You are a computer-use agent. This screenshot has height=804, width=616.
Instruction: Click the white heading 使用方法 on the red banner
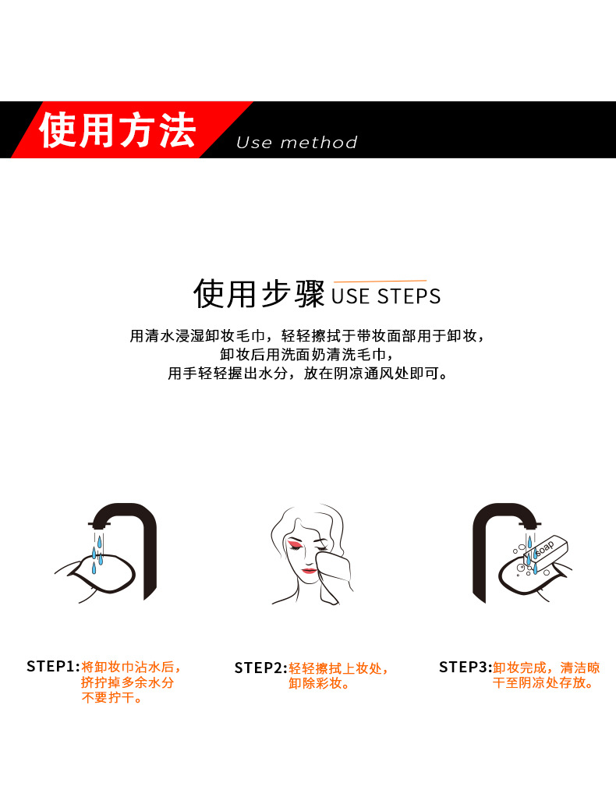click(117, 129)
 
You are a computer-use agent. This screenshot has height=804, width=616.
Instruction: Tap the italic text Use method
click(296, 143)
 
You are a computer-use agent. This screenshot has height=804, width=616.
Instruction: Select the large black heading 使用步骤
click(259, 294)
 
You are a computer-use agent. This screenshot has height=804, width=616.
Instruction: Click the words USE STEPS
click(386, 296)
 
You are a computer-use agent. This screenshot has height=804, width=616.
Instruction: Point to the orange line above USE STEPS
click(380, 281)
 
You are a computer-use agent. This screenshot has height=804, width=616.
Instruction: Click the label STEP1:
click(53, 667)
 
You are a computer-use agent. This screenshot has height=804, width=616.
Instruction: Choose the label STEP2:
click(260, 668)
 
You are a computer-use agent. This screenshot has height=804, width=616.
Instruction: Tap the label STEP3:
click(465, 667)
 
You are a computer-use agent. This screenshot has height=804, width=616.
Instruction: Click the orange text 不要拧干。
click(112, 698)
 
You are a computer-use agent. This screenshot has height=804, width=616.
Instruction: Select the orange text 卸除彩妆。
click(320, 684)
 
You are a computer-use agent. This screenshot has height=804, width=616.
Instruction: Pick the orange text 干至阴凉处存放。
click(543, 683)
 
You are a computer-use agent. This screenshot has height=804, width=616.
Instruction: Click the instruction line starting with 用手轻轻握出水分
click(308, 374)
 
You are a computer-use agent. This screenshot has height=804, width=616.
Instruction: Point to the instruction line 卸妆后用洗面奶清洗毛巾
click(308, 355)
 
